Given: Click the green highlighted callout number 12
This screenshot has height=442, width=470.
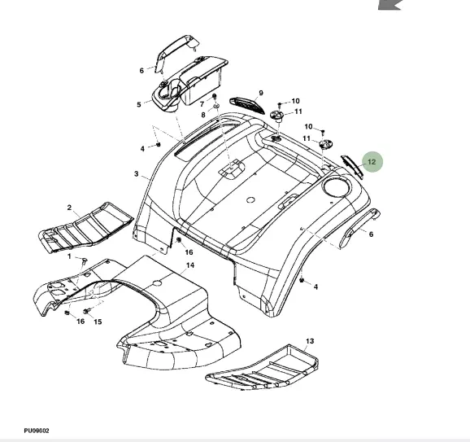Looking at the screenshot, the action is [372, 162].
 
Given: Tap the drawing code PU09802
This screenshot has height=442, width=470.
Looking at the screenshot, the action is [37, 431].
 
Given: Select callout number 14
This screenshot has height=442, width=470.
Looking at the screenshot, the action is [190, 265].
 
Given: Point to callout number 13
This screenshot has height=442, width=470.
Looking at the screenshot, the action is [310, 341].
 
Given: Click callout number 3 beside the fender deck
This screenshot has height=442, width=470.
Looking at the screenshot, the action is [137, 173].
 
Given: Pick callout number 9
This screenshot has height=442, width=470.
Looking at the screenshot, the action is [261, 93].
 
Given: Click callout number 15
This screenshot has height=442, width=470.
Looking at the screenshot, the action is [98, 322].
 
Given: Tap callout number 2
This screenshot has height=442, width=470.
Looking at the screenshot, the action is [70, 208].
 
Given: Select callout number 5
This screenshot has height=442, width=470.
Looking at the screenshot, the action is [139, 105].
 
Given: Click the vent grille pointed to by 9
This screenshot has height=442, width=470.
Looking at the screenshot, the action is [247, 105].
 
